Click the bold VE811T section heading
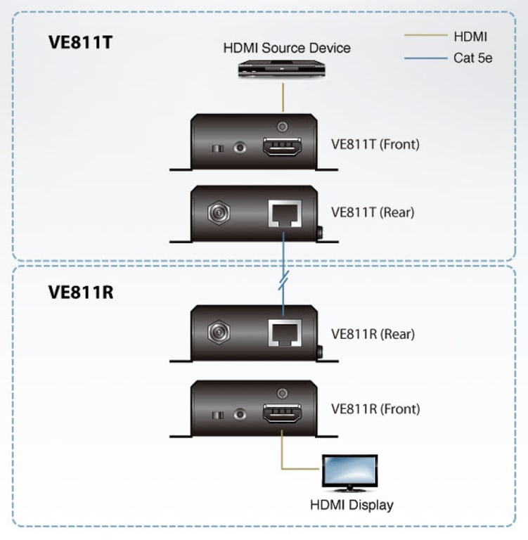point(80,41)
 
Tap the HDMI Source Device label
point(286,48)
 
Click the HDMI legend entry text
point(470,37)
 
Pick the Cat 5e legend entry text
point(472,58)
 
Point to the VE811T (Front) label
point(375,145)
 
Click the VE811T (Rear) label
point(372,212)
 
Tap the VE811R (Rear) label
point(372,334)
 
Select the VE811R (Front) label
point(375,408)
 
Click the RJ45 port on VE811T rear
point(283,213)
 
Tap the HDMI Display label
point(352,504)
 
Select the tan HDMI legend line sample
point(425,36)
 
